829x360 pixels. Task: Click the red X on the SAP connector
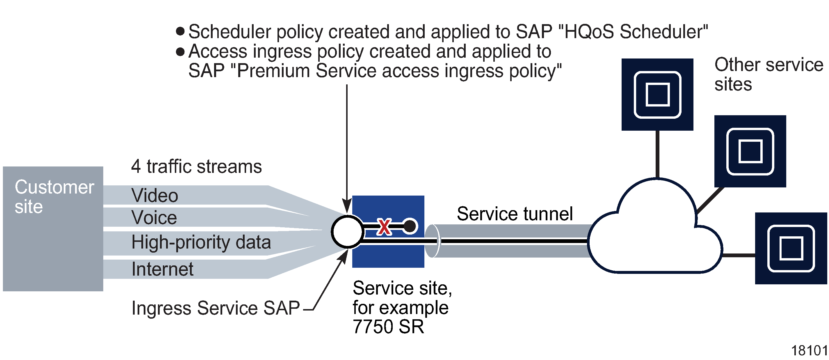click(x=384, y=227)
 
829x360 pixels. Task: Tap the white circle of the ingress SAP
click(x=347, y=232)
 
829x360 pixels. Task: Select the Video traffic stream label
click(x=154, y=196)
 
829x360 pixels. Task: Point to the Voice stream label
click(x=154, y=217)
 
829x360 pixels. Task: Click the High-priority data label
click(x=201, y=242)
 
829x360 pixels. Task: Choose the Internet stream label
click(x=162, y=269)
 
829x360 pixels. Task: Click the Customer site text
click(x=54, y=196)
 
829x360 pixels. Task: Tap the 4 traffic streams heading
click(x=196, y=166)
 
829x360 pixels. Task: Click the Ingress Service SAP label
click(x=215, y=308)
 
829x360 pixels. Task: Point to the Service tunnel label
click(x=515, y=214)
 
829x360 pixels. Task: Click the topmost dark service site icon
click(x=657, y=94)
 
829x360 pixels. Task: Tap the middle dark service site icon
click(x=750, y=151)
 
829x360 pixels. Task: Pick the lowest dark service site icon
click(x=791, y=248)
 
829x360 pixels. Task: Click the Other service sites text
click(x=768, y=74)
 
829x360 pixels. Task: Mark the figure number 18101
click(x=810, y=351)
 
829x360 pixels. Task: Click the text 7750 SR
click(x=388, y=327)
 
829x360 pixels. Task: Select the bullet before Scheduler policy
click(x=180, y=31)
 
